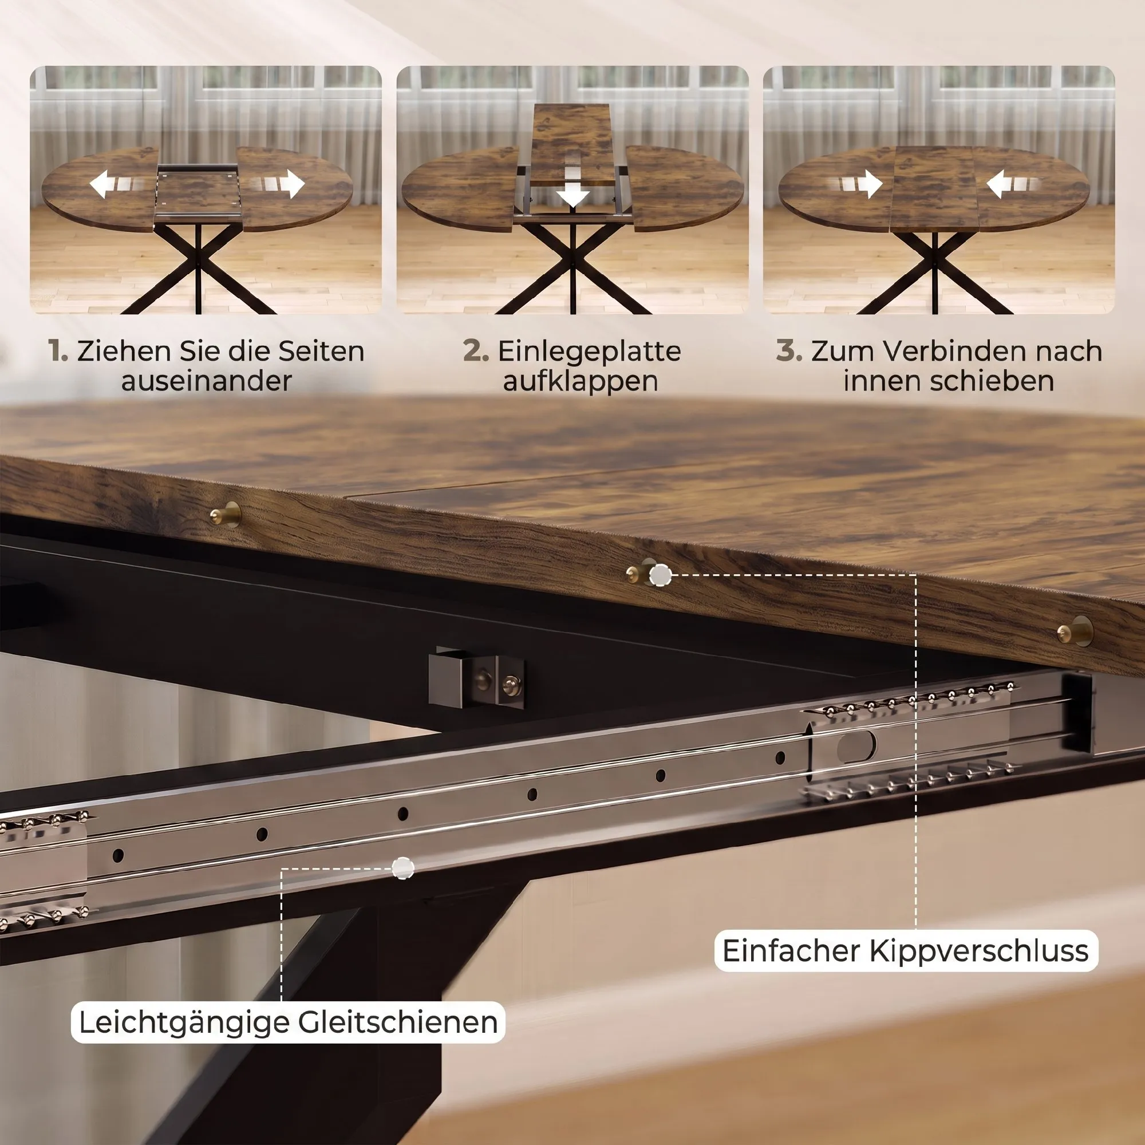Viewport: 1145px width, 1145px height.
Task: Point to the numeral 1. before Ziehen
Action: (x=58, y=351)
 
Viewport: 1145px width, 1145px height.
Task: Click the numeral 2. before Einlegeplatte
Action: (x=476, y=351)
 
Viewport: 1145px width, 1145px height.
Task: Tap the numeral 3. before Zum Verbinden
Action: (x=789, y=351)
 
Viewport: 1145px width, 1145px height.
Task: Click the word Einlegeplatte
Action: (x=589, y=352)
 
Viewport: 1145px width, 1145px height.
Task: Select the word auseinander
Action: (x=207, y=381)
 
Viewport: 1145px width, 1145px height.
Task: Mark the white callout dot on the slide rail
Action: (x=403, y=869)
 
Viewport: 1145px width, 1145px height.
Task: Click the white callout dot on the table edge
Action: (x=660, y=575)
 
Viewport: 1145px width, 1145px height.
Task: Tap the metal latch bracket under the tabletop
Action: (x=476, y=678)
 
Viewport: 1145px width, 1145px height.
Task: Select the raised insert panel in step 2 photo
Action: (x=571, y=144)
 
